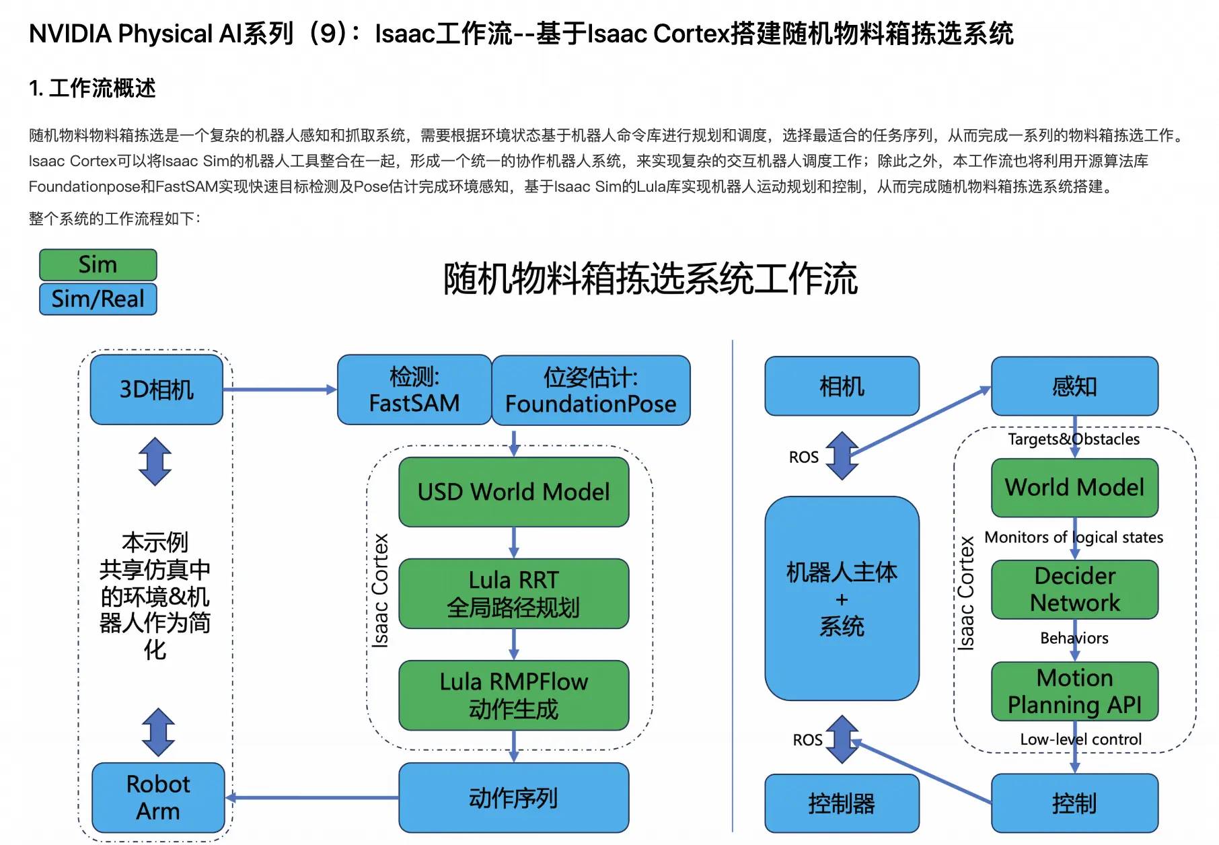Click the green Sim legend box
(x=98, y=264)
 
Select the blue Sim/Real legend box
(x=98, y=299)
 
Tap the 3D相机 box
(x=157, y=390)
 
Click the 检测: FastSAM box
(x=414, y=390)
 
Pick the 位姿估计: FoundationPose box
(x=591, y=390)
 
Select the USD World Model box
(x=513, y=492)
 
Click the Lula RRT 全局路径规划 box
(x=513, y=593)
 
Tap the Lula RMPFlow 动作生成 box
(x=513, y=695)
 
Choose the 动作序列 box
(x=513, y=798)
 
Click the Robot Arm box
(x=158, y=798)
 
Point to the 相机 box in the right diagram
(x=842, y=386)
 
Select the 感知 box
(x=1074, y=386)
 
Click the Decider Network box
(x=1074, y=589)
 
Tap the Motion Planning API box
(x=1074, y=691)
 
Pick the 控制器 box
(x=842, y=803)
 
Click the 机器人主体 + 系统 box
(x=842, y=599)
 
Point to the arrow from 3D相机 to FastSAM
(x=280, y=390)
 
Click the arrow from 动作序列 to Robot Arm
(x=313, y=798)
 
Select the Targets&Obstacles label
(x=1074, y=439)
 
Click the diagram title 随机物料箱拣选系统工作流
(x=650, y=279)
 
